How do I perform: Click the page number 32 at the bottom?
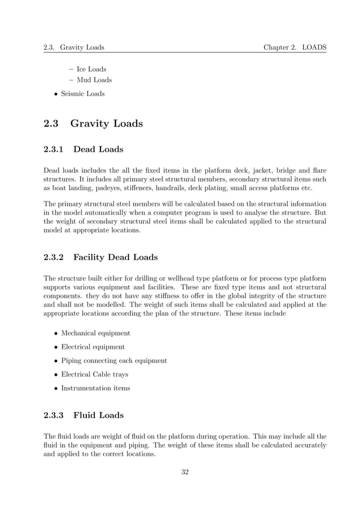185,472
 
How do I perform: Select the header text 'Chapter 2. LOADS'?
295,47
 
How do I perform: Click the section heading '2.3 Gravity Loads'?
93,123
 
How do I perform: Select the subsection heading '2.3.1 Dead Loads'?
84,150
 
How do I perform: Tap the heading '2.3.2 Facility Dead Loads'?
101,257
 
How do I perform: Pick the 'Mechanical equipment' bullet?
95,333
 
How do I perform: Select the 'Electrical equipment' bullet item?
93,347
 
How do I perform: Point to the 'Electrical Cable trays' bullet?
94,374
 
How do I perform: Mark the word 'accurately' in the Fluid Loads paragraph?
308,446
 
